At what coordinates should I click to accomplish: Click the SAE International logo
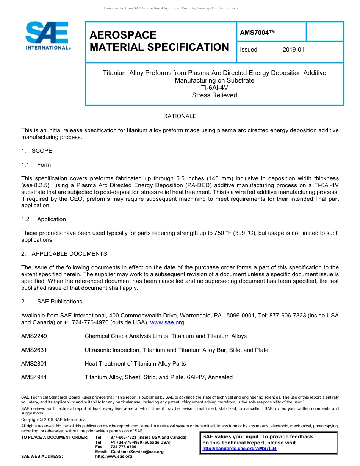47,36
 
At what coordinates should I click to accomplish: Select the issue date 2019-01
293,50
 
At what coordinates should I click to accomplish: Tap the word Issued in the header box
249,50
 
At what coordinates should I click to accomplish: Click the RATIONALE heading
180,116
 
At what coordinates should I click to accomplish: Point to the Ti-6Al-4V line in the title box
214,88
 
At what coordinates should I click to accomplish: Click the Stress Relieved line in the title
214,95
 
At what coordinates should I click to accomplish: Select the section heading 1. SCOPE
37,151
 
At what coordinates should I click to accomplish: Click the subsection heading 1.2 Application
44,219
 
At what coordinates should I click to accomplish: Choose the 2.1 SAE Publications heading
52,302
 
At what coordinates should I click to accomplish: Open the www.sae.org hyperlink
167,322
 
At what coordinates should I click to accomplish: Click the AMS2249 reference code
34,336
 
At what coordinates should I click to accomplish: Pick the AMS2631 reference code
34,350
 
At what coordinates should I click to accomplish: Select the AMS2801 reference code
34,364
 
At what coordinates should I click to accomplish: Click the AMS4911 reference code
34,377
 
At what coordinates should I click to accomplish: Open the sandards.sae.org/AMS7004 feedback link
239,449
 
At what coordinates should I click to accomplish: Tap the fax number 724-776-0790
124,447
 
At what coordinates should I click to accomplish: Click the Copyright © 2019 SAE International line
54,419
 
